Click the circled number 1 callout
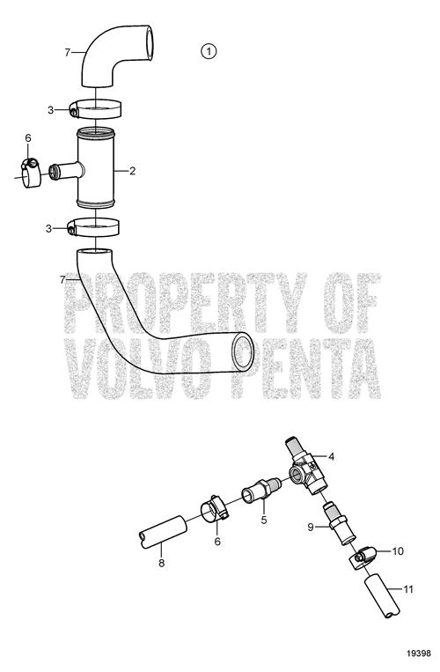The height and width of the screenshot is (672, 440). click(x=209, y=51)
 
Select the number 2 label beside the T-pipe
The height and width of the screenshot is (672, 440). click(x=132, y=171)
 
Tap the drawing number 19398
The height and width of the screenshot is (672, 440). click(x=419, y=654)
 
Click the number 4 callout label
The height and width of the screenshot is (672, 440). click(x=331, y=457)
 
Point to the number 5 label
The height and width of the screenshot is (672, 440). click(x=264, y=520)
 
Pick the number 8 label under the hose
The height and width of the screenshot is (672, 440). click(x=161, y=563)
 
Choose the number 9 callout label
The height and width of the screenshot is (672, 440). click(x=311, y=528)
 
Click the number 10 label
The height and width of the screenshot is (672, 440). click(x=398, y=551)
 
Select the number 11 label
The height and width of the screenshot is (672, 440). click(x=408, y=589)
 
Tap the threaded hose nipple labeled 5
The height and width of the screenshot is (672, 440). click(x=260, y=492)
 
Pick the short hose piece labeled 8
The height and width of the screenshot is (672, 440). click(x=163, y=533)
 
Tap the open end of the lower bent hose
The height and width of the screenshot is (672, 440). click(x=243, y=352)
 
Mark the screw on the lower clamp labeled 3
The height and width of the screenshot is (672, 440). click(x=72, y=231)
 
